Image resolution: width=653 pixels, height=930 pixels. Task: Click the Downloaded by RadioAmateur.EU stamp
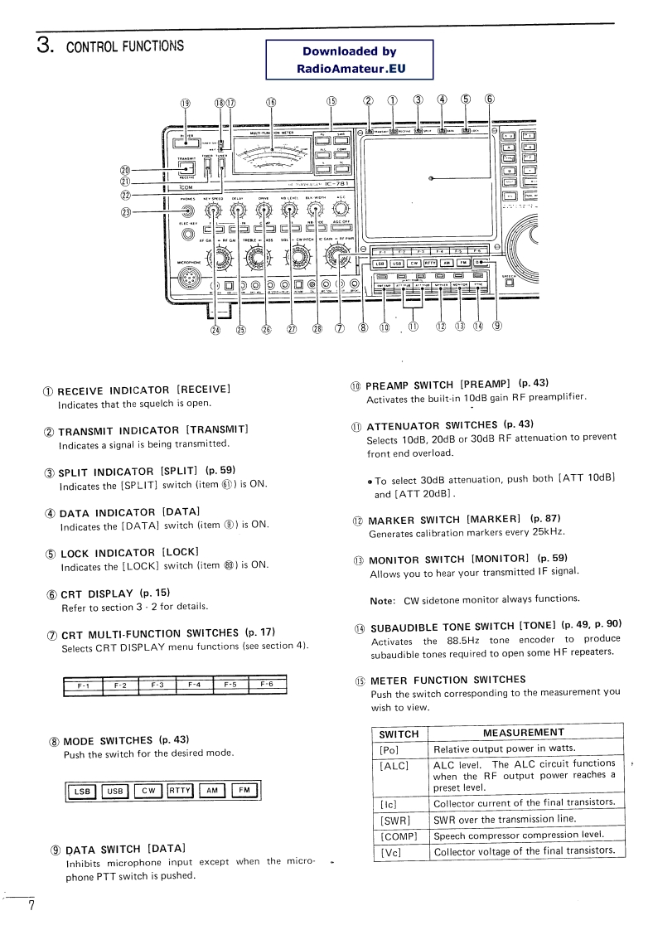coord(349,61)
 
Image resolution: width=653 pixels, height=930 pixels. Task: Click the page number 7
coord(31,904)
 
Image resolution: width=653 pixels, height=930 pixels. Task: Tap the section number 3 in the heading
coord(45,44)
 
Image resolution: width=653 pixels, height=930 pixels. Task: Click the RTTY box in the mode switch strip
coord(180,790)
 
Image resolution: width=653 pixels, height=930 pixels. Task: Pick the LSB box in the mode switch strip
coord(82,791)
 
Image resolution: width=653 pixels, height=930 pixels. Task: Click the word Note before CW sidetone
coord(381,599)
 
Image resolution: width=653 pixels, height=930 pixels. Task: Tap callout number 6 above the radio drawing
coord(490,99)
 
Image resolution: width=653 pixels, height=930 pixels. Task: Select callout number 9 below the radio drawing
coord(496,326)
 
